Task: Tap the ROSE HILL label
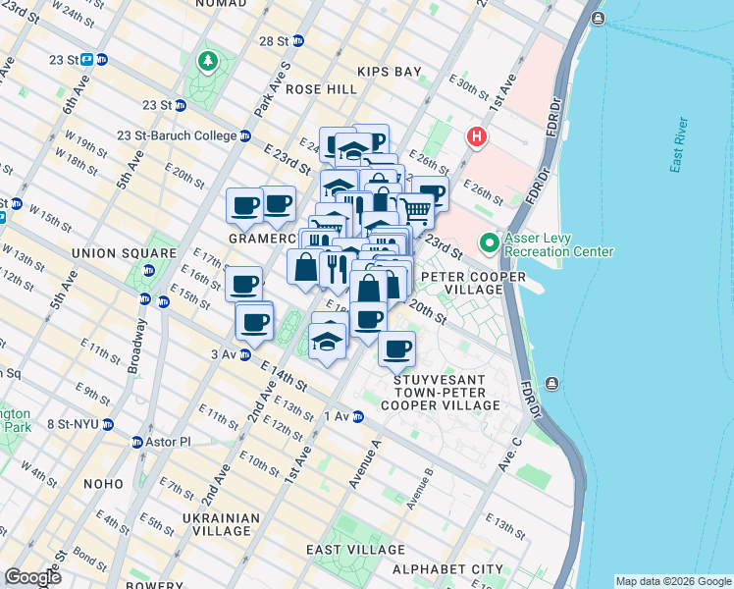pyautogui.click(x=322, y=89)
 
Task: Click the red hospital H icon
pyautogui.click(x=476, y=136)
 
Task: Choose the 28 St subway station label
pyautogui.click(x=281, y=40)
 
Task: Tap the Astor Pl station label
pyautogui.click(x=170, y=442)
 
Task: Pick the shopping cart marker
pyautogui.click(x=416, y=209)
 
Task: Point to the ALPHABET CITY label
pyautogui.click(x=447, y=569)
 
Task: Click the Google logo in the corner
pyautogui.click(x=32, y=577)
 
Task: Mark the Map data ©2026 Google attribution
pyautogui.click(x=672, y=580)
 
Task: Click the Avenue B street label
pyautogui.click(x=420, y=487)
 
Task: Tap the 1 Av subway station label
pyautogui.click(x=337, y=416)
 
